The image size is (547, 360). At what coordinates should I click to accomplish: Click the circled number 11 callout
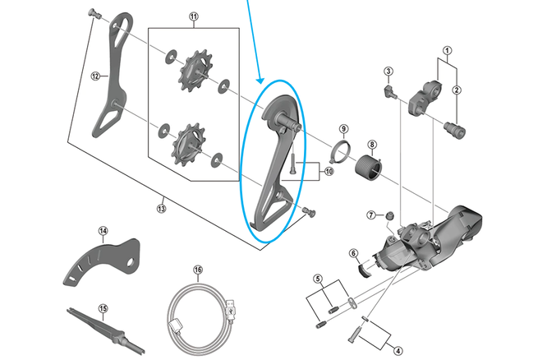click(194, 16)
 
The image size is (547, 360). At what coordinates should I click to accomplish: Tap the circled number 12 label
click(95, 76)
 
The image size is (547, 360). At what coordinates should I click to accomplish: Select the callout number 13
click(161, 209)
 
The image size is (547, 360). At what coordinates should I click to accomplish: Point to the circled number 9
click(343, 128)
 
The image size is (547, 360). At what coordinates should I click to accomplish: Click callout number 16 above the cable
click(198, 270)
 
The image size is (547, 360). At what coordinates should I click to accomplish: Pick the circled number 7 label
click(371, 215)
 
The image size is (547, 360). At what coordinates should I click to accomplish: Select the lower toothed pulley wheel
click(187, 144)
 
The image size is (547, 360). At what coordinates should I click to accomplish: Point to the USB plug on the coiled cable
click(231, 309)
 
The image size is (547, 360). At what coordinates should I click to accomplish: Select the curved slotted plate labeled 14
click(102, 262)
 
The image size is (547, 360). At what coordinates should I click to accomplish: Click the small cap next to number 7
click(389, 216)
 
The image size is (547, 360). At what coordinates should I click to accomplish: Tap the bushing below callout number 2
click(454, 129)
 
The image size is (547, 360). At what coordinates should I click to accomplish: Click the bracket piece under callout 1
click(425, 98)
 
